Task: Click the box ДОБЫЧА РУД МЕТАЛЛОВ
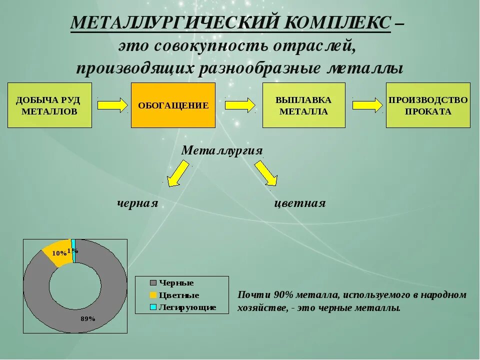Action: [49, 105]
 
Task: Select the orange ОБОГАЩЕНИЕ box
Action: [173, 105]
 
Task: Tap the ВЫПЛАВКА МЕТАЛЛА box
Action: [303, 105]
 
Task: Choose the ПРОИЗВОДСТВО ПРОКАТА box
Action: [428, 105]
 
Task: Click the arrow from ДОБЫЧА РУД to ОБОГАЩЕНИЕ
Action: [112, 105]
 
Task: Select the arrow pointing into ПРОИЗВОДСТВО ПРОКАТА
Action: [367, 105]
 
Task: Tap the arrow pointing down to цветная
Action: [265, 173]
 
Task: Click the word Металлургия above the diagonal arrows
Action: [221, 150]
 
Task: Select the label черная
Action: [137, 203]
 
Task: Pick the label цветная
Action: [300, 203]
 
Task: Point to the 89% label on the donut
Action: [88, 318]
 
